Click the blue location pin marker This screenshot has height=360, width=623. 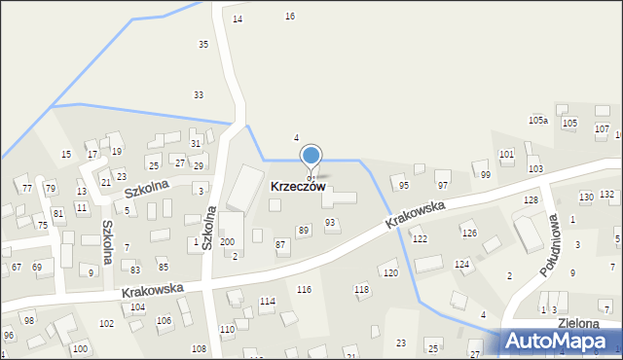pyautogui.click(x=311, y=157)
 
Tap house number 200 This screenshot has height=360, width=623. pyautogui.click(x=227, y=241)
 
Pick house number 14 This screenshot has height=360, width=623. pyautogui.click(x=238, y=19)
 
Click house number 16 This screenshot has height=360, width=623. pyautogui.click(x=289, y=17)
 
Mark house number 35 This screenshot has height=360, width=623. pyautogui.click(x=203, y=45)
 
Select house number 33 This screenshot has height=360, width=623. pyautogui.click(x=199, y=94)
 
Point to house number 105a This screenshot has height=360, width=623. pyautogui.click(x=538, y=120)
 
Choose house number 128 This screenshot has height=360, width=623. pyautogui.click(x=531, y=199)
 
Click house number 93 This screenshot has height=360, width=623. pyautogui.click(x=330, y=223)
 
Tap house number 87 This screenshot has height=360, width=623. pyautogui.click(x=280, y=243)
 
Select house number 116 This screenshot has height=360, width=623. pyautogui.click(x=304, y=290)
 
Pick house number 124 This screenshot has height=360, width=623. pyautogui.click(x=462, y=265)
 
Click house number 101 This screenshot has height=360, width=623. pyautogui.click(x=506, y=155)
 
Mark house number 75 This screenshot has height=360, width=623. pyautogui.click(x=43, y=225)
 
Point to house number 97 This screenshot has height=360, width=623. pyautogui.click(x=443, y=185)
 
